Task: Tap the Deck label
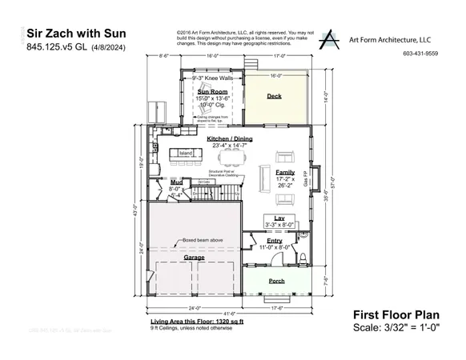(x=274, y=96)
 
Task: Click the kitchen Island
(x=186, y=152)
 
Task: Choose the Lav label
(x=279, y=218)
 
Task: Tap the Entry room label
(x=275, y=241)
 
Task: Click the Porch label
(x=276, y=281)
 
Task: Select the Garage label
(x=194, y=258)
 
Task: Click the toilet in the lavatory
(x=305, y=257)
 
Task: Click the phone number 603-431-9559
(x=421, y=54)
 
